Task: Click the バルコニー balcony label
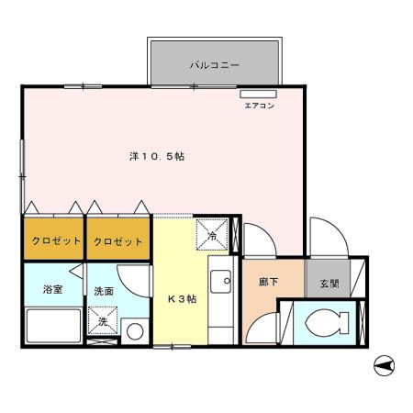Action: tap(215, 65)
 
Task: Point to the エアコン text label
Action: tap(258, 106)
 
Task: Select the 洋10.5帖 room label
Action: tap(157, 156)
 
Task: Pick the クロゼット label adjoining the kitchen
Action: tap(118, 241)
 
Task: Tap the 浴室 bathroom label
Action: tap(52, 290)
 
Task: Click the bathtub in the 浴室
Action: tap(52, 325)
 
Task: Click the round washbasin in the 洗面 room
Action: tap(134, 330)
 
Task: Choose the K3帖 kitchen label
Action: tap(181, 299)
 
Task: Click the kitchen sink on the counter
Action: tap(220, 282)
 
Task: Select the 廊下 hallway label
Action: tap(268, 284)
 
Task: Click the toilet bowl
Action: tap(326, 323)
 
